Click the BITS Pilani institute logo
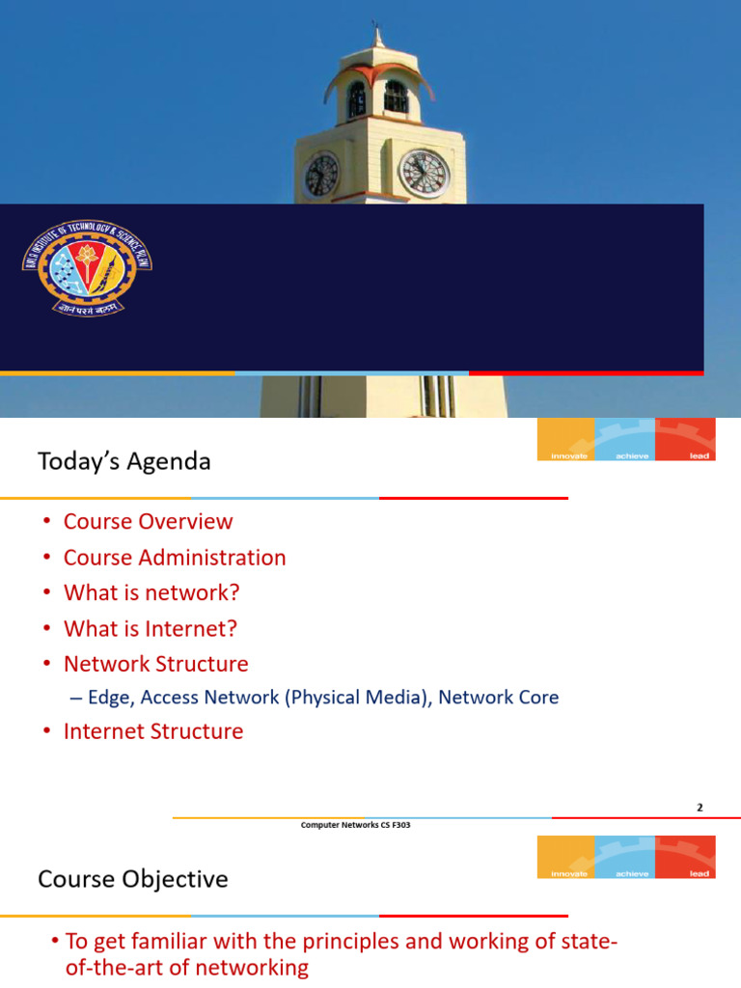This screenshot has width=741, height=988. (x=88, y=266)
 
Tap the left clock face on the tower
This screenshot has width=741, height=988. (x=321, y=174)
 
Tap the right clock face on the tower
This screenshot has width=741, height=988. (x=424, y=173)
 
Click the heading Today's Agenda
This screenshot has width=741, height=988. (x=123, y=461)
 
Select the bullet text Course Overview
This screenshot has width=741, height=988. (x=148, y=521)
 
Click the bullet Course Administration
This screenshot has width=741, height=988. (x=175, y=557)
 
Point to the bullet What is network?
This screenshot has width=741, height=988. (x=151, y=592)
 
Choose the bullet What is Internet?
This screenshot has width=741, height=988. (x=151, y=628)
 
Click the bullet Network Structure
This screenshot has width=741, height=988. (x=155, y=664)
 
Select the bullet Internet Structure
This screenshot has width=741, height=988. (x=153, y=731)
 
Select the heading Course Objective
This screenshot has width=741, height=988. (x=133, y=879)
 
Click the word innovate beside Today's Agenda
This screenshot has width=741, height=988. (x=568, y=455)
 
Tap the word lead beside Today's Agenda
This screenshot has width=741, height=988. (x=700, y=455)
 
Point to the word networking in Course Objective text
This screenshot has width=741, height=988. (x=254, y=968)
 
